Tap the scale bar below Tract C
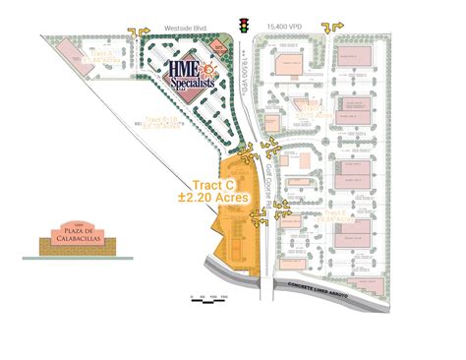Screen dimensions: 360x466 click(211, 295)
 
